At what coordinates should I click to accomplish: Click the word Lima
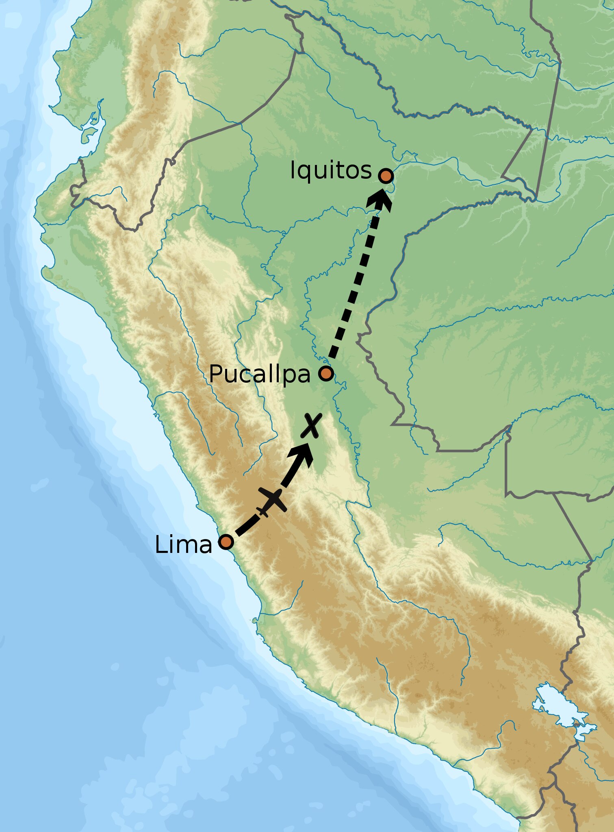183,545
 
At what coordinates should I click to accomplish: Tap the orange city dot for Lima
226,542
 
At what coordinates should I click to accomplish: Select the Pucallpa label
259,374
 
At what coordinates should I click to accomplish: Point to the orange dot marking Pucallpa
326,373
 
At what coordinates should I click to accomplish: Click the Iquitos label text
330,170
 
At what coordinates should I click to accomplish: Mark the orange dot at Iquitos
386,176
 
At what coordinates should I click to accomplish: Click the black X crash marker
311,425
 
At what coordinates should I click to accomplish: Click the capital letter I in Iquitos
293,170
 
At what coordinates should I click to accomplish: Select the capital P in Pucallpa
215,374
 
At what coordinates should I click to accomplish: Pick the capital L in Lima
160,545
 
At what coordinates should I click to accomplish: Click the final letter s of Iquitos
366,172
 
